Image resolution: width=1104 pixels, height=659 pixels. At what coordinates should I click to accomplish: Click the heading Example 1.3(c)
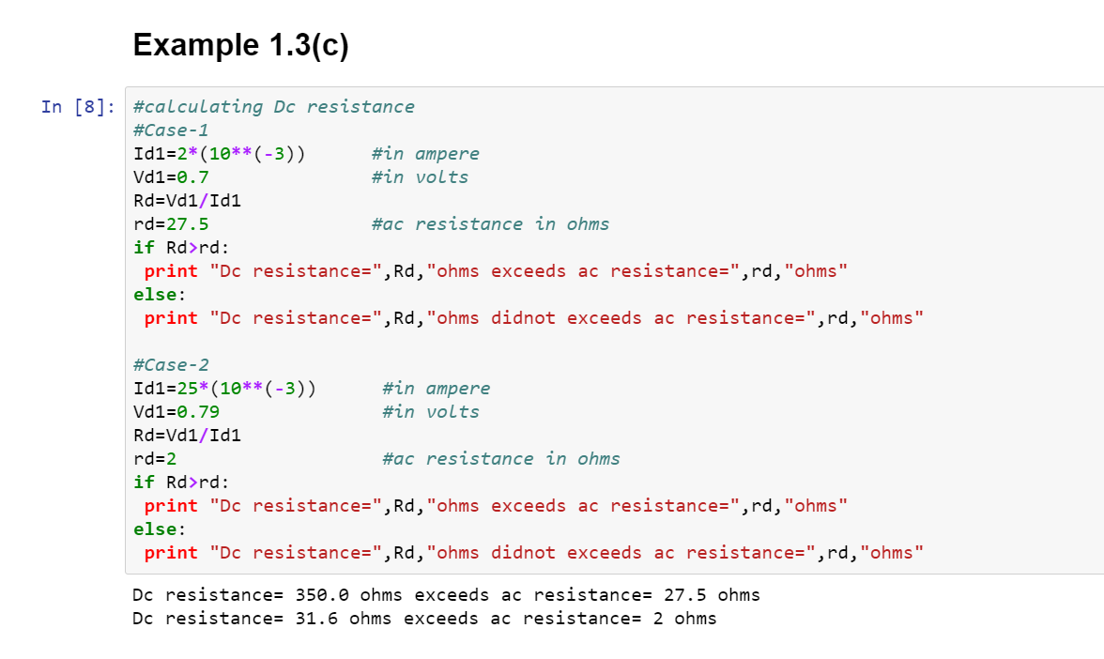(x=240, y=45)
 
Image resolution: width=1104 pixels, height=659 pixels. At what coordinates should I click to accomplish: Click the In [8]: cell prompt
(x=78, y=107)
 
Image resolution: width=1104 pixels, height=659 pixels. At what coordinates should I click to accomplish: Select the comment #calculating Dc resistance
(x=274, y=107)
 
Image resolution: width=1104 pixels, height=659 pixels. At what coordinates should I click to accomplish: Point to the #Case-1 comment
(x=171, y=130)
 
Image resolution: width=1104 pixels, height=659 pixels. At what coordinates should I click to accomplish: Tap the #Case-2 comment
(x=171, y=364)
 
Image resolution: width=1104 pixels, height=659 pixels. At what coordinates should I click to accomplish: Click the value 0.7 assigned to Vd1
(x=193, y=177)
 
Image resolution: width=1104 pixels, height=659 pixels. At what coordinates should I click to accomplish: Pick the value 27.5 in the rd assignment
(x=188, y=223)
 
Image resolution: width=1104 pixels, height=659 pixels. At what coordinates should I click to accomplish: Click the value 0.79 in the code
(x=198, y=412)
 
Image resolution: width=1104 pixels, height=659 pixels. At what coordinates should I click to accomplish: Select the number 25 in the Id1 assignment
(x=188, y=389)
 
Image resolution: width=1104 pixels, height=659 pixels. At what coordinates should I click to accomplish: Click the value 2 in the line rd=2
(x=171, y=459)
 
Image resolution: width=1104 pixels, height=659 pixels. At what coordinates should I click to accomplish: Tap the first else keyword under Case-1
(x=155, y=295)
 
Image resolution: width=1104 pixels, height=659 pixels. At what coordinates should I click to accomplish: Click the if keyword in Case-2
(x=144, y=483)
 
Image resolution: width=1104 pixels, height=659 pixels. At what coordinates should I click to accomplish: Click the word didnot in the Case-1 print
(x=523, y=318)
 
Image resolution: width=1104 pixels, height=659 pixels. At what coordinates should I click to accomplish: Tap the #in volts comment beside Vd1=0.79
(x=431, y=412)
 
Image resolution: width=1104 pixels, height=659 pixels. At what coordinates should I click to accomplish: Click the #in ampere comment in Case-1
(x=425, y=154)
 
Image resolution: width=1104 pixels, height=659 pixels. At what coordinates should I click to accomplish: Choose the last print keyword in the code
(x=171, y=554)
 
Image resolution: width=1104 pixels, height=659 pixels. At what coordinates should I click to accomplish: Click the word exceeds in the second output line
(x=441, y=618)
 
